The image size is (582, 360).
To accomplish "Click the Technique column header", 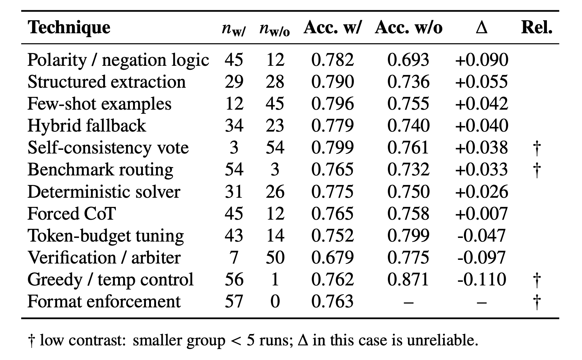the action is pos(69,27).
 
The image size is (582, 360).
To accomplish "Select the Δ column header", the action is pos(481,27).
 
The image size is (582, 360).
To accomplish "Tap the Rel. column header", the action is pos(537,27).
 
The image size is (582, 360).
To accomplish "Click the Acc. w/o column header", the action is pos(408,27).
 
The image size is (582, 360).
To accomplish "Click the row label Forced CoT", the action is pos(71,213).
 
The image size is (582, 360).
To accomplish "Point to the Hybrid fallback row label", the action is pos(87,126).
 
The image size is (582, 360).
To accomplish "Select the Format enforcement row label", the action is pos(104,301).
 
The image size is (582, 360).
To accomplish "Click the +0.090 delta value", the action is pos(481,60).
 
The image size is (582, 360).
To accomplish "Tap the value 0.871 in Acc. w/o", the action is pos(408,280).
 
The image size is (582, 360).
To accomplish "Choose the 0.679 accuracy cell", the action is pos(333,258).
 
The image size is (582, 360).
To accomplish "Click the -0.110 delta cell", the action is pos(481,280).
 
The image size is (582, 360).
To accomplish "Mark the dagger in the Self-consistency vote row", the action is pos(537,148).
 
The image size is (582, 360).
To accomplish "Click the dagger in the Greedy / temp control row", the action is pos(537,280).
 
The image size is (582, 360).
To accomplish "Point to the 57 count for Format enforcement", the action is pos(234,301).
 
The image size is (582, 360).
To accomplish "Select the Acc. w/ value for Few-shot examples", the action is pos(333,104).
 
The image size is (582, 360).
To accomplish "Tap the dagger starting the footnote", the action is pos(31,341).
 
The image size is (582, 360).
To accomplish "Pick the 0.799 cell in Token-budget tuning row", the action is pos(408,236).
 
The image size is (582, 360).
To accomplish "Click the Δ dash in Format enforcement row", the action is pos(481,302).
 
